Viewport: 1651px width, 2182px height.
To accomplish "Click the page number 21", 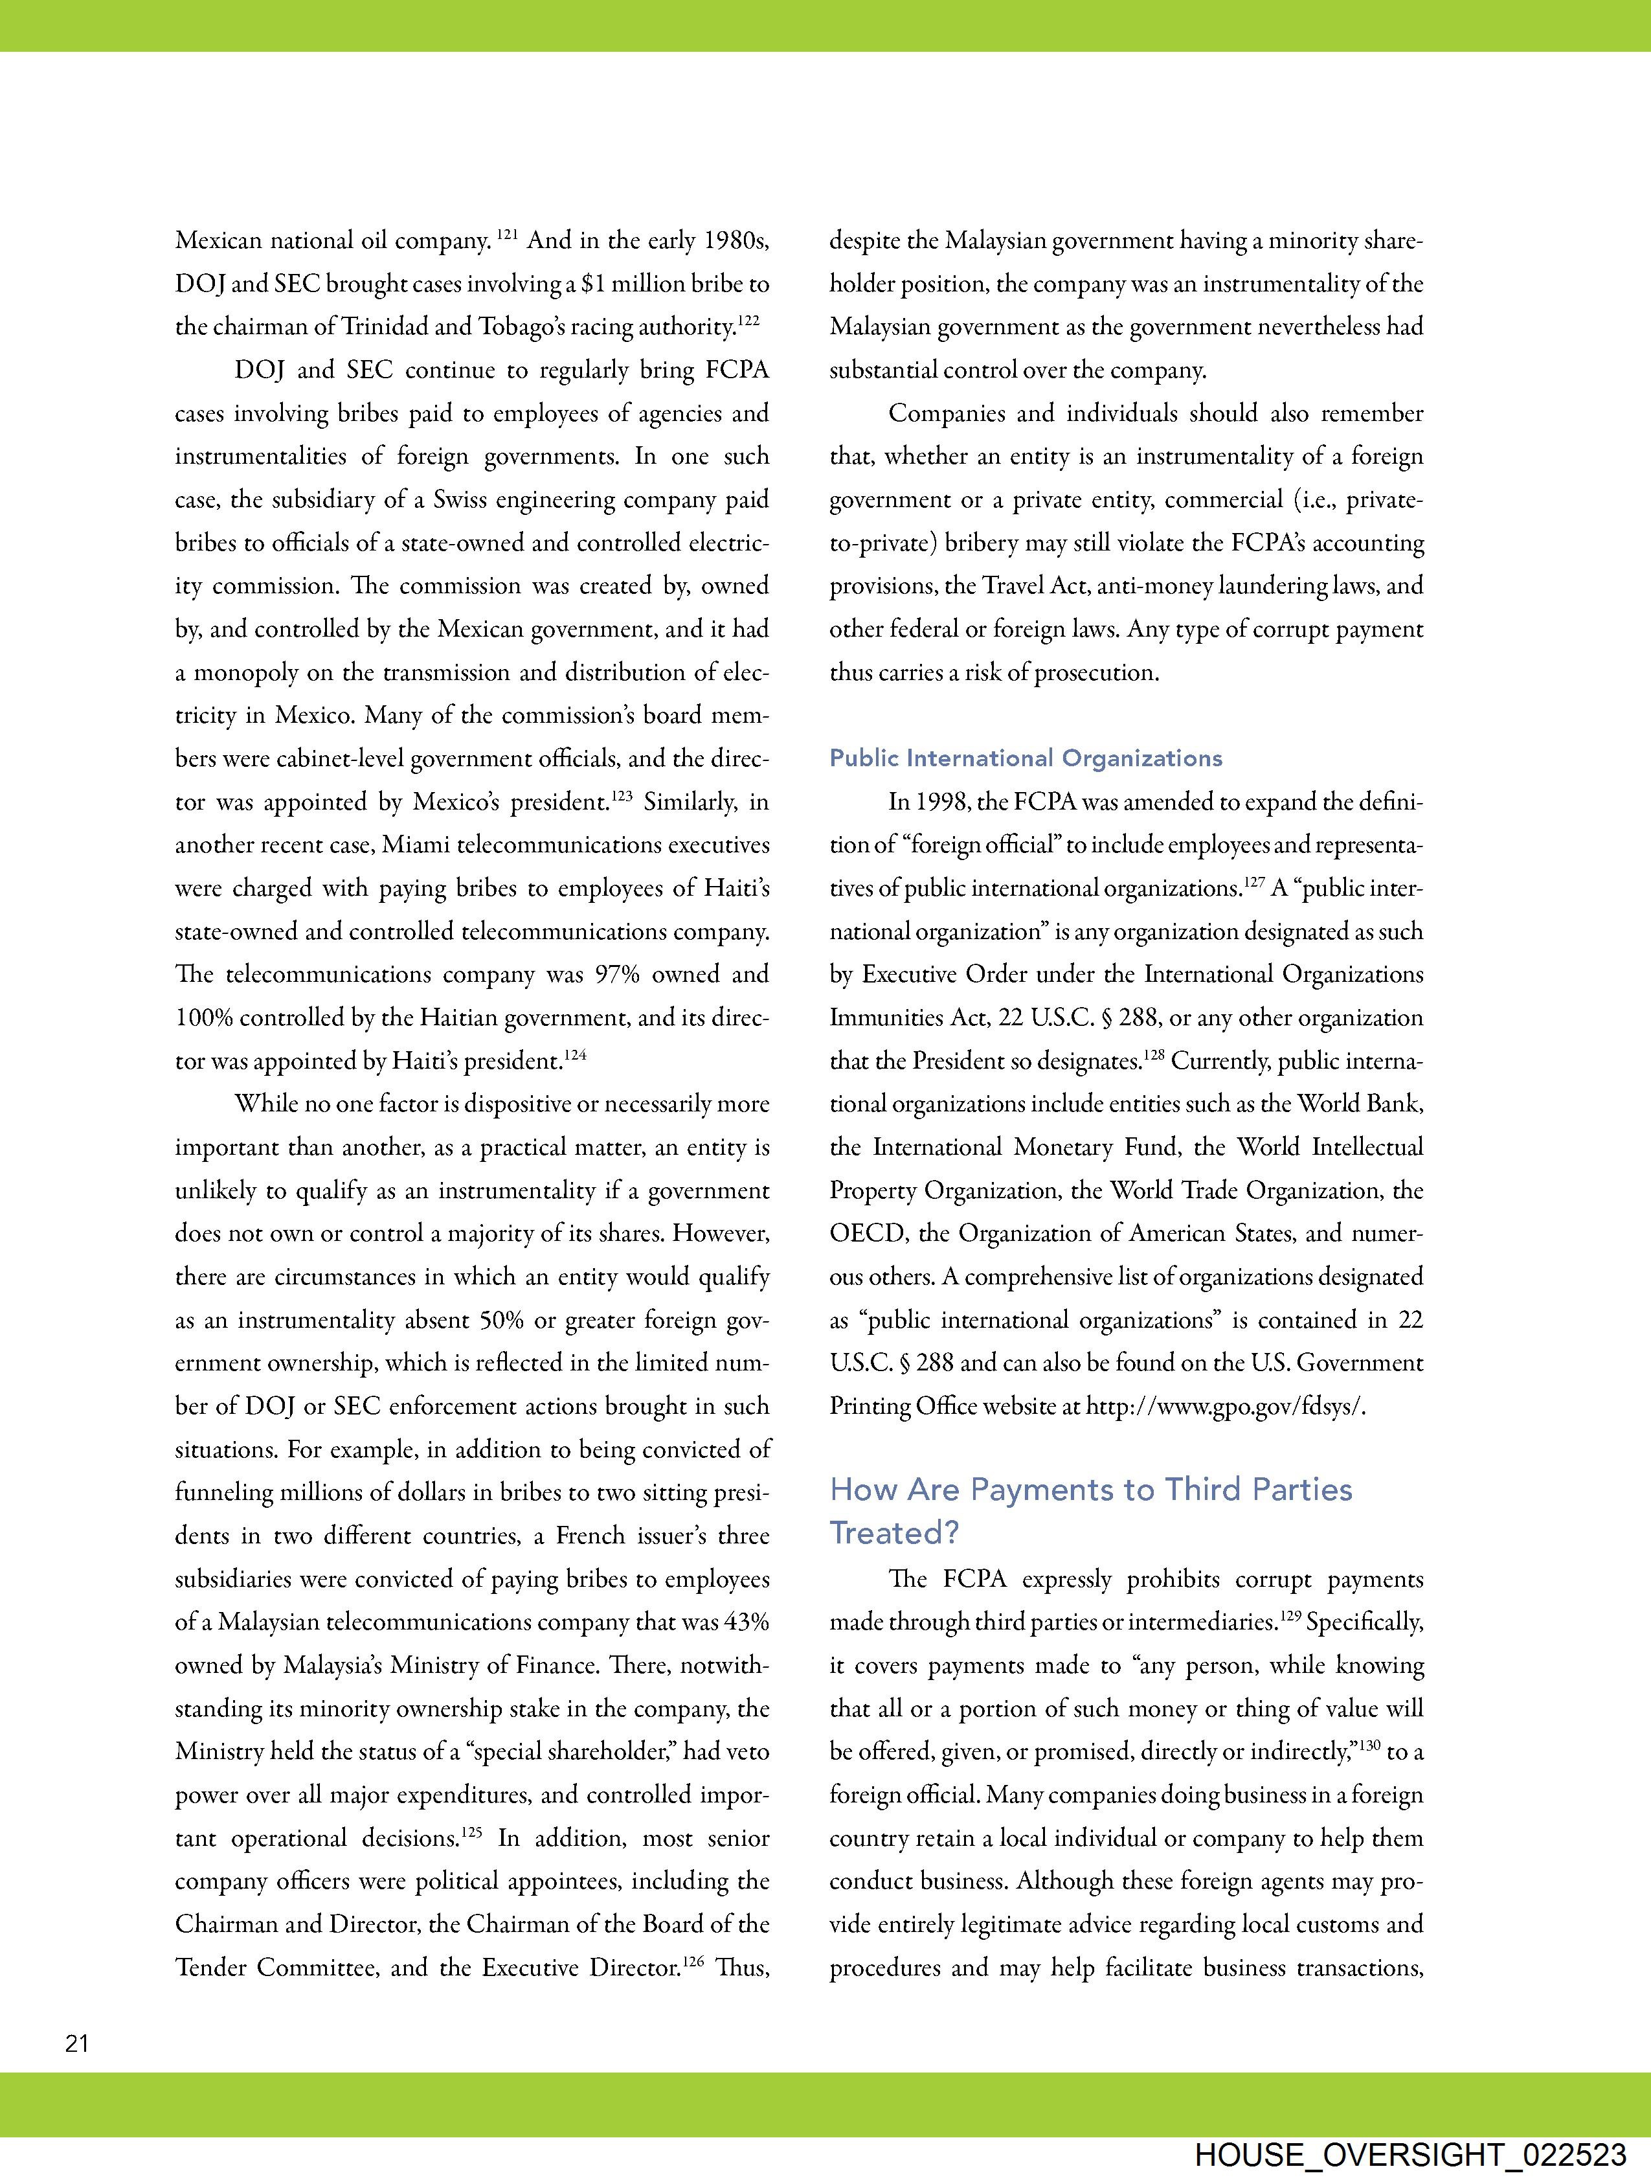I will (77, 2044).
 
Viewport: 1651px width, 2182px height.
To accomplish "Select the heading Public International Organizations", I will (1026, 758).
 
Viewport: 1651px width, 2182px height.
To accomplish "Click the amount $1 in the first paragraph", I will (593, 284).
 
